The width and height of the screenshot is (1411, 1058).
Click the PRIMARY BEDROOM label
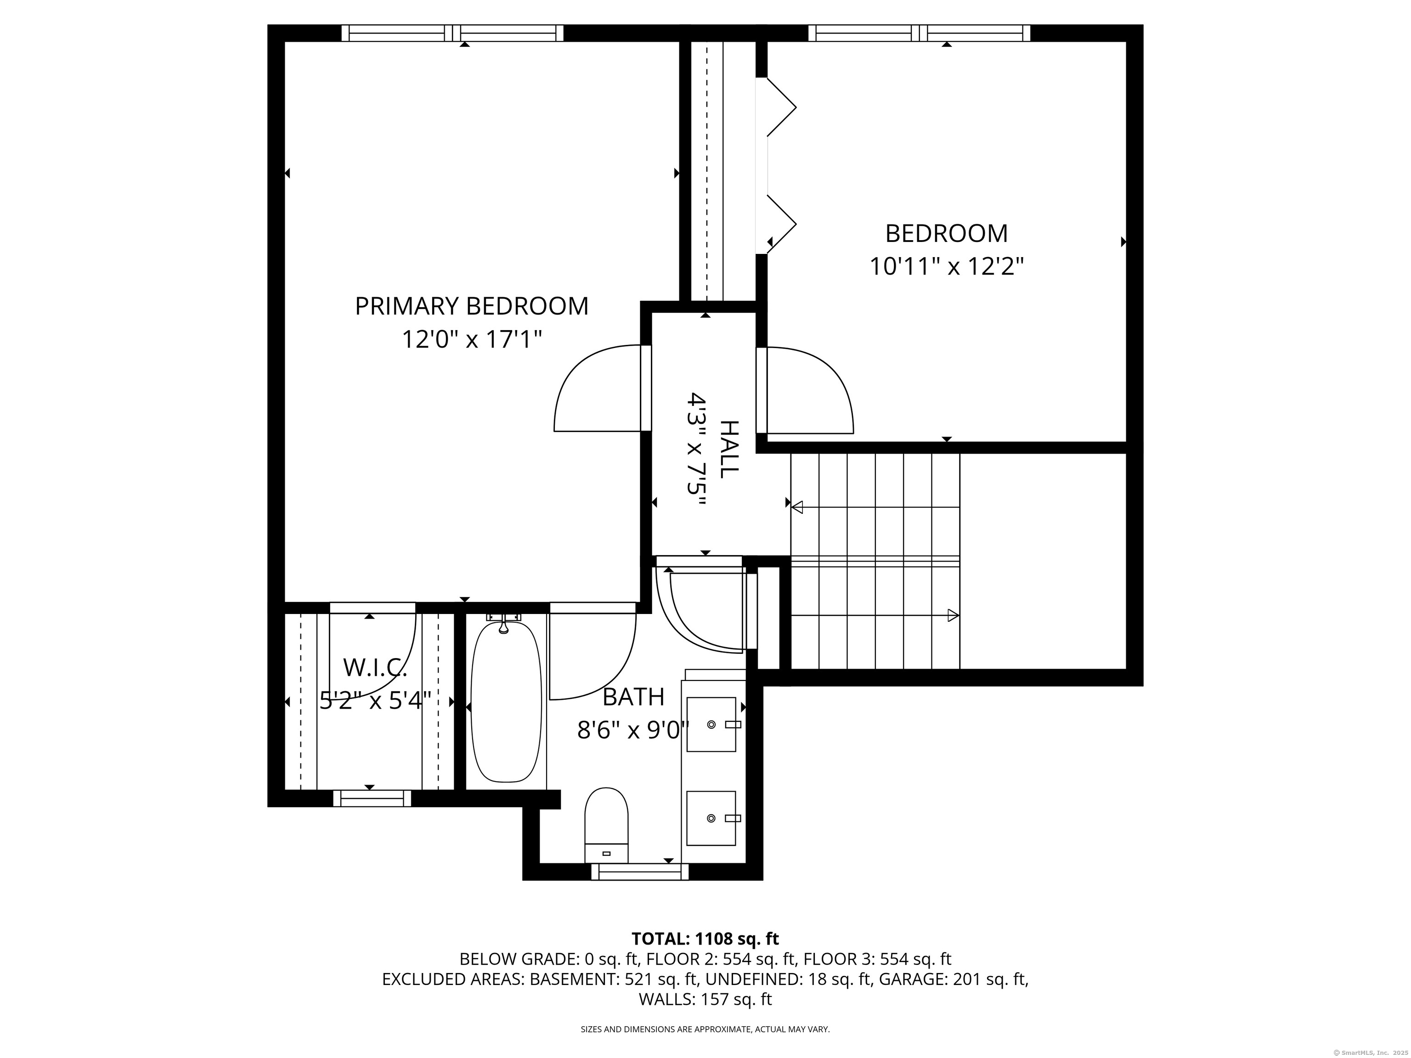pyautogui.click(x=471, y=306)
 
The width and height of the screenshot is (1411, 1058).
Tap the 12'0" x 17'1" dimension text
pyautogui.click(x=471, y=339)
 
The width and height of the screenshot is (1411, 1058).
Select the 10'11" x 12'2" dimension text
pyautogui.click(x=947, y=266)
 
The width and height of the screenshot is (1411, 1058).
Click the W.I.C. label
pyautogui.click(x=375, y=668)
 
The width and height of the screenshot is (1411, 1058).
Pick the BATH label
pyautogui.click(x=633, y=697)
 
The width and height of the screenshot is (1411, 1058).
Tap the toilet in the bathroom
pyautogui.click(x=606, y=825)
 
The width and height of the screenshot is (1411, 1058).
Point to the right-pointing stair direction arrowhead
pyautogui.click(x=953, y=615)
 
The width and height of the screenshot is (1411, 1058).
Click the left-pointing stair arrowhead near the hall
pyautogui.click(x=797, y=507)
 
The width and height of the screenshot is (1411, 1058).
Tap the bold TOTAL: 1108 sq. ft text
pyautogui.click(x=705, y=939)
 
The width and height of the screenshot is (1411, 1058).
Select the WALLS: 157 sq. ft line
pyautogui.click(x=705, y=999)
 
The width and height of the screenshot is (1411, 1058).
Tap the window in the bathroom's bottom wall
pyautogui.click(x=640, y=872)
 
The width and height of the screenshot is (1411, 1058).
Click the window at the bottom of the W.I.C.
pyautogui.click(x=372, y=799)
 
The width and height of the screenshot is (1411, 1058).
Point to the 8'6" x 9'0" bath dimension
pyautogui.click(x=633, y=730)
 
